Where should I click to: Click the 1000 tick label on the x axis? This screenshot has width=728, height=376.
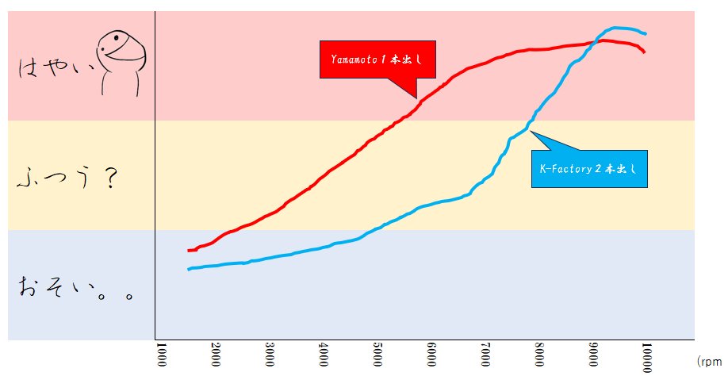[161, 355]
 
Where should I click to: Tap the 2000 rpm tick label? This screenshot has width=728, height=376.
[216, 355]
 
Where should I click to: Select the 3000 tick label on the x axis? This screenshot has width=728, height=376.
[270, 355]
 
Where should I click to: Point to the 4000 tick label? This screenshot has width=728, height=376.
[323, 355]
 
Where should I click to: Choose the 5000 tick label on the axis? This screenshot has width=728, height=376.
[377, 355]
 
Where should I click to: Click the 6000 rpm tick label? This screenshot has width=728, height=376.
[431, 355]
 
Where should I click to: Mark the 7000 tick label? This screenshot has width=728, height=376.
[485, 355]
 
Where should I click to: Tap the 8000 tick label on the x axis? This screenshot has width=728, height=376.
[539, 355]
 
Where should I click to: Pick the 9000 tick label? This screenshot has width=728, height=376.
[593, 355]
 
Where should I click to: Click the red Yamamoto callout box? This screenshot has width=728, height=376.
[377, 59]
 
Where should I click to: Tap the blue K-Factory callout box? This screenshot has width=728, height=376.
[589, 169]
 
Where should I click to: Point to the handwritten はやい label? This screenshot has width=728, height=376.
[56, 68]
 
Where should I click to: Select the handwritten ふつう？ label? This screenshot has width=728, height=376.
[67, 178]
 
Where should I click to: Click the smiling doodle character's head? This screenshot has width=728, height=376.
[121, 50]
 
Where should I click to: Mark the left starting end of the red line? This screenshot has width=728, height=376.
[189, 251]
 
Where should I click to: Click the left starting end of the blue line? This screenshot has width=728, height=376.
[189, 269]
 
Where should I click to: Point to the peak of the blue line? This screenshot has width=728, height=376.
[615, 28]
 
